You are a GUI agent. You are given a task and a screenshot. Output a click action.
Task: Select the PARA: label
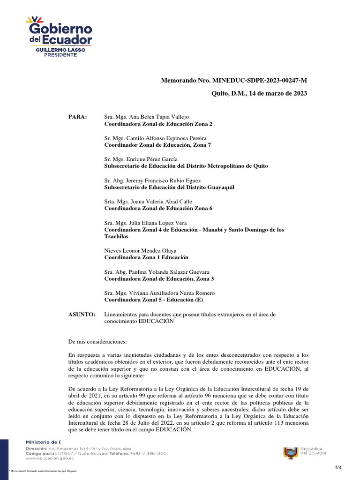click(x=77, y=117)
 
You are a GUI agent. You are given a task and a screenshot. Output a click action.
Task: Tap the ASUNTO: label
click(x=82, y=314)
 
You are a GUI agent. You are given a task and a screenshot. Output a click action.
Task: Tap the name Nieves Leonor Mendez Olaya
click(x=134, y=251)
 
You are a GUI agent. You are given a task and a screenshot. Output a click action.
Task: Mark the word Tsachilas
click(x=117, y=237)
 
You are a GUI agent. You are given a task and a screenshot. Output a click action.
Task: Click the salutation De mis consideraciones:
click(x=97, y=342)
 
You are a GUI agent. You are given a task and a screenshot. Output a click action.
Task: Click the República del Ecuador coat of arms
click(x=291, y=452)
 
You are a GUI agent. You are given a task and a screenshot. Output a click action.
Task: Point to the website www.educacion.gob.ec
click(x=47, y=459)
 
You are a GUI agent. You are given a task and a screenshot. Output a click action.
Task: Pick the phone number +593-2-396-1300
click(x=149, y=454)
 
